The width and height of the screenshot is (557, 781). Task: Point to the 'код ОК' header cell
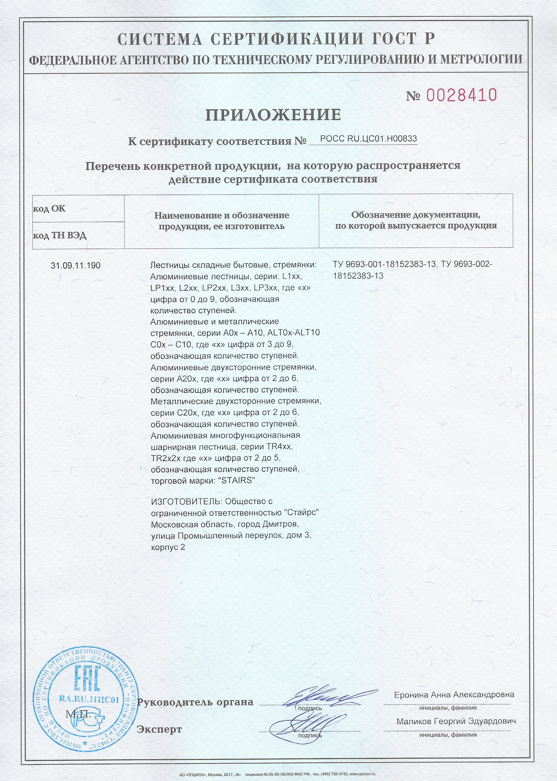tap(49, 209)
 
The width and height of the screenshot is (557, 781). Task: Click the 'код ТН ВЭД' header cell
tap(60, 236)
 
